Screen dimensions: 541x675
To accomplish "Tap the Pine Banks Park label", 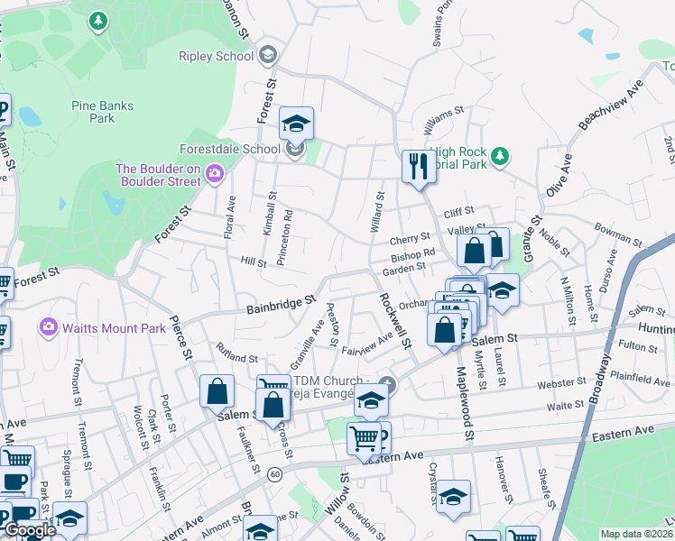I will (102, 112).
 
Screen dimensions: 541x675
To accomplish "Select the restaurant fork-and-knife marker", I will (416, 166).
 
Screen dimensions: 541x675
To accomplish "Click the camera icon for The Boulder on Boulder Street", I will (215, 172).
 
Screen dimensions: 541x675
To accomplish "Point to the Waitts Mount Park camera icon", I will (49, 327).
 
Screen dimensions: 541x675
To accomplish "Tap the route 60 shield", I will (275, 473).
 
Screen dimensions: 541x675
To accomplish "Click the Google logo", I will (30, 530).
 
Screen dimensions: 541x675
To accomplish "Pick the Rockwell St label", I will (394, 320).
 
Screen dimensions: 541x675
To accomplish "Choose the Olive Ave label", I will (559, 175).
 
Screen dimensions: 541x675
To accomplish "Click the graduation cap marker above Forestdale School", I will (295, 123).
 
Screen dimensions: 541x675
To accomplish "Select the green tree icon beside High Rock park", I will (500, 157).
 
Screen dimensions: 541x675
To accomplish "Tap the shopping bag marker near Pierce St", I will (217, 391).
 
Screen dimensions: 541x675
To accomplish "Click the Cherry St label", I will (409, 240).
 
